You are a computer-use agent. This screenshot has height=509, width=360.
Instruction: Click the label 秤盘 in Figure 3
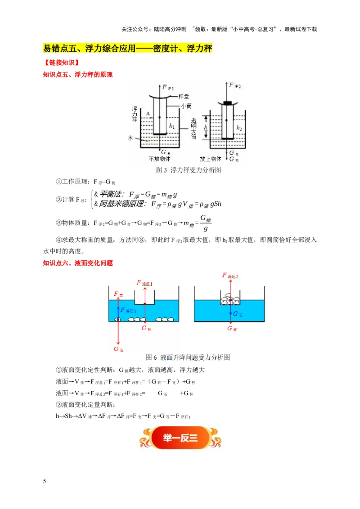[x=184, y=97]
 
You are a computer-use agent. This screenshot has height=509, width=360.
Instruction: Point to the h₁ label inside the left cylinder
[x=171, y=127]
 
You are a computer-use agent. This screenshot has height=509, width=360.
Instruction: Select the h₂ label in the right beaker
[x=239, y=128]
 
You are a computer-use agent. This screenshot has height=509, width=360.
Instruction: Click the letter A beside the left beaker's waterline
[x=147, y=114]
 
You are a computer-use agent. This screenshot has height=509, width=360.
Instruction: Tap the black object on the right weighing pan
[x=228, y=103]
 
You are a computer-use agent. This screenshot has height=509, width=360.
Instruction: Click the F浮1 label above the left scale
[x=167, y=88]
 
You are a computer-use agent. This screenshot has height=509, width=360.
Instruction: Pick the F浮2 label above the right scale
[x=235, y=85]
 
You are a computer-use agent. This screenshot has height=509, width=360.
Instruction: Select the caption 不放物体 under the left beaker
[x=160, y=159]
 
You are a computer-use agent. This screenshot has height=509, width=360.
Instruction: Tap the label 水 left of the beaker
[x=130, y=139]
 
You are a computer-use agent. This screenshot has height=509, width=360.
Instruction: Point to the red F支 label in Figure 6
[x=118, y=294]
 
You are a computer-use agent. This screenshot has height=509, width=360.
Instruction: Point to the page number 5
[x=44, y=481]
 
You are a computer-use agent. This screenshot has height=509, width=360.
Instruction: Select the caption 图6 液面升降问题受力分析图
[x=189, y=358]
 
